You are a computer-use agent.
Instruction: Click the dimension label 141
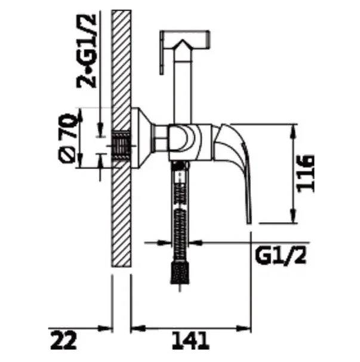click(x=190, y=340)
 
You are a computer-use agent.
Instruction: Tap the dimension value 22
click(x=63, y=340)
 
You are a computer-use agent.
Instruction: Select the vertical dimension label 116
click(x=306, y=174)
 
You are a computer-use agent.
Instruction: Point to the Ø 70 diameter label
click(x=68, y=138)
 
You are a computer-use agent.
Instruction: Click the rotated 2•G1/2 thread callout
click(x=87, y=51)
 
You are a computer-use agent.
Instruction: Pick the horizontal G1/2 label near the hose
click(x=281, y=256)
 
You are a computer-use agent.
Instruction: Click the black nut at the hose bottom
click(x=180, y=272)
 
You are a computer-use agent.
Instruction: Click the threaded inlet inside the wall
click(x=121, y=145)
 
